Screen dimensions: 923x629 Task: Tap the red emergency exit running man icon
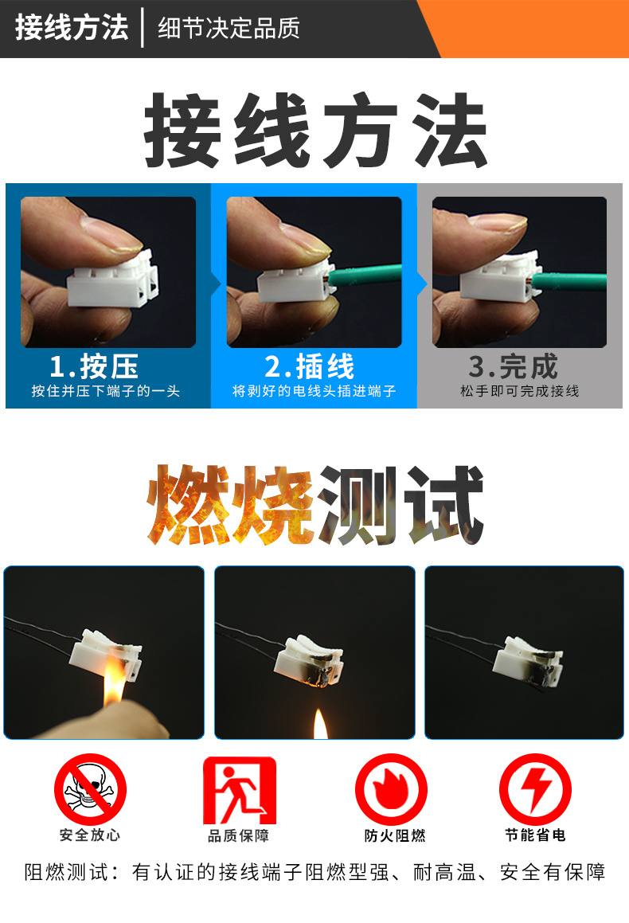[x=239, y=790]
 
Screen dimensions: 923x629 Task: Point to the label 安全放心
[x=90, y=835]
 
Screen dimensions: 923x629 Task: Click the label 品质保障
[x=239, y=835]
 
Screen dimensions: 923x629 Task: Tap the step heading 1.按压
[x=94, y=366]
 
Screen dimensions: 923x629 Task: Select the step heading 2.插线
[x=310, y=366]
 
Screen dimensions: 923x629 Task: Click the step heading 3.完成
[x=514, y=366]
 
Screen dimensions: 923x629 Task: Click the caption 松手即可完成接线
[x=519, y=391]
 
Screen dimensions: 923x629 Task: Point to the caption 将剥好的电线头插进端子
[x=314, y=391]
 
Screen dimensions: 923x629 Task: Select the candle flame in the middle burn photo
[x=320, y=722]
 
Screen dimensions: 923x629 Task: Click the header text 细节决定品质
[x=229, y=29]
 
